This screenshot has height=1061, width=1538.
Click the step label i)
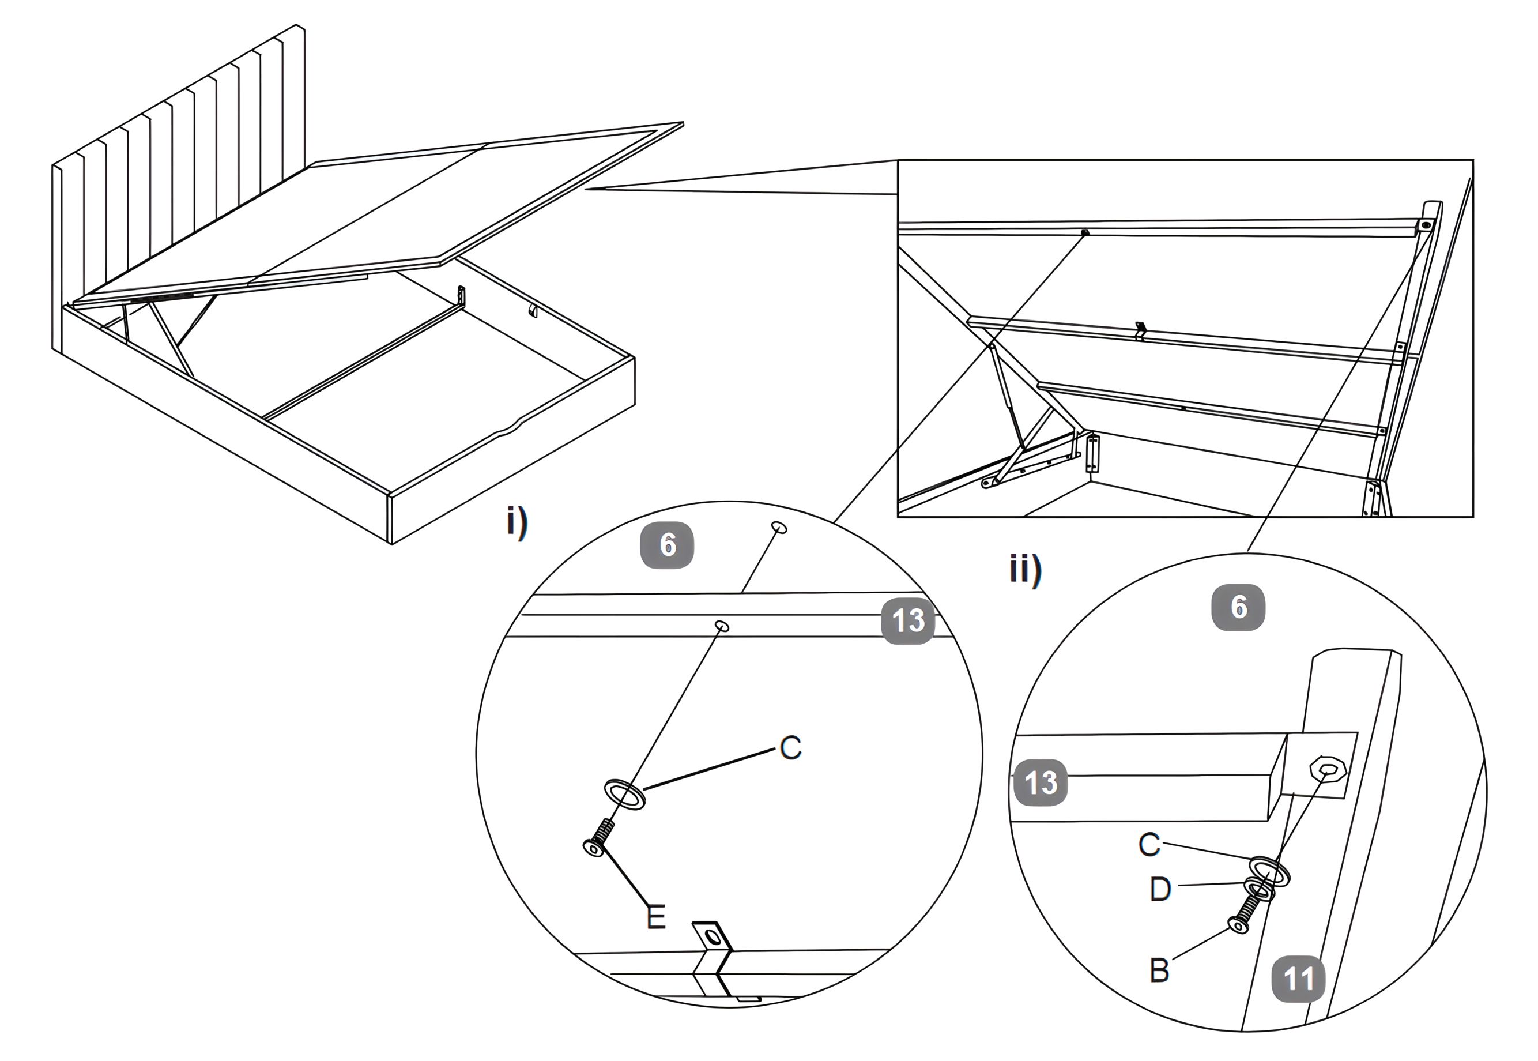click(517, 522)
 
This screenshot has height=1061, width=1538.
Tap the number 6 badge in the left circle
click(668, 545)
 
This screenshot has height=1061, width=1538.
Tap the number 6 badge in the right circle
click(1238, 607)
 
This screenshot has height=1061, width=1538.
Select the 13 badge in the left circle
click(908, 621)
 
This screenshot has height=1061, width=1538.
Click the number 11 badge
click(1299, 978)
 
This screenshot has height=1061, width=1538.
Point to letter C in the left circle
click(790, 748)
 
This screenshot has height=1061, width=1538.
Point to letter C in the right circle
click(1149, 844)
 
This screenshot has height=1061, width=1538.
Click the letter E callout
click(656, 917)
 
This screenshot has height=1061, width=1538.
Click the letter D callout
click(1160, 889)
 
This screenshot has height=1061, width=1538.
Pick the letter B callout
click(1159, 970)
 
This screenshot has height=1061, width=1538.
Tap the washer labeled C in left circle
click(624, 795)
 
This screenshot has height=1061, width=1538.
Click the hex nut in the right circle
click(1329, 770)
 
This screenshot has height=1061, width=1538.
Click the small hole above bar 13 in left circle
click(779, 528)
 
